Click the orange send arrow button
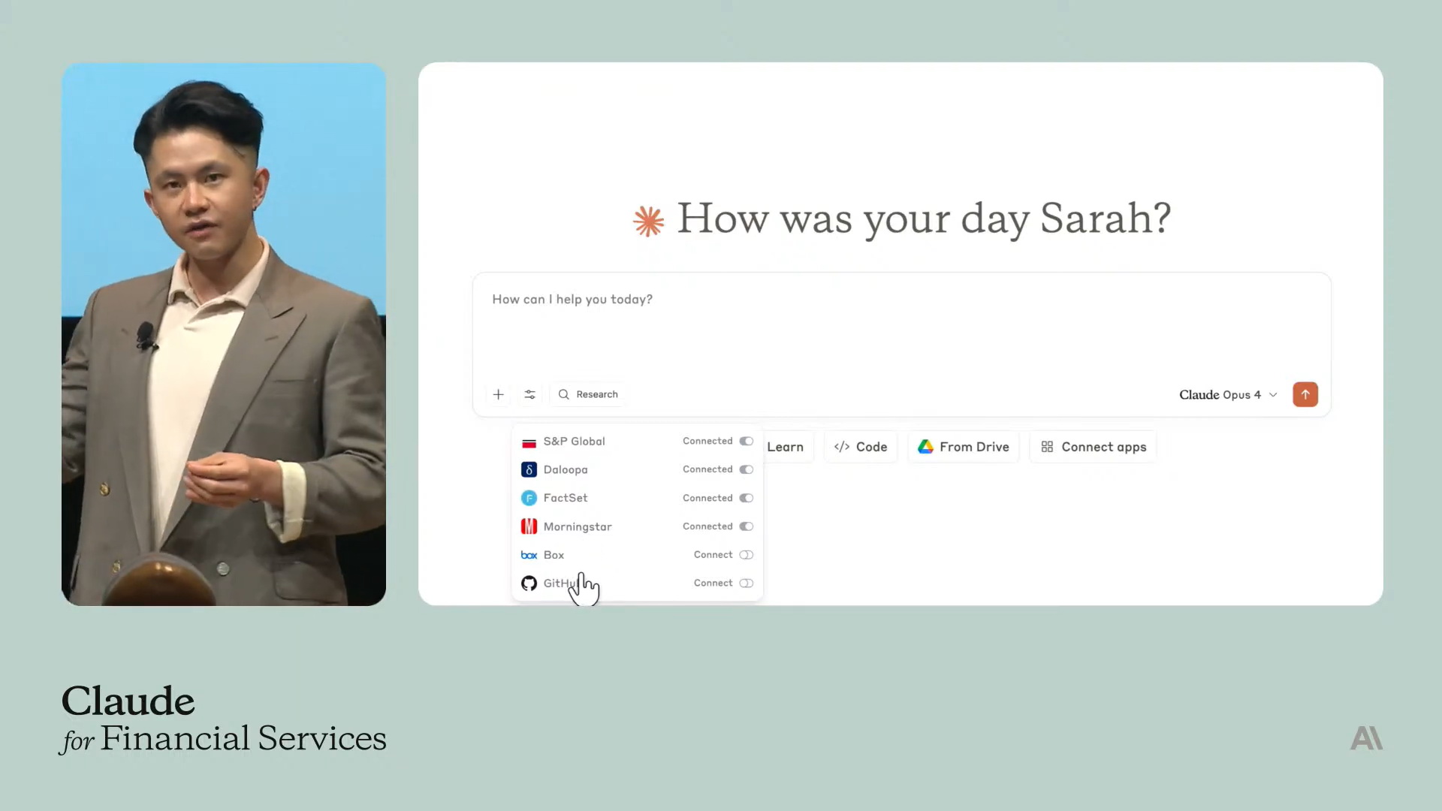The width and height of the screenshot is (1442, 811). [x=1305, y=394]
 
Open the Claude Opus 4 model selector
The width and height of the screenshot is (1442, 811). [x=1228, y=395]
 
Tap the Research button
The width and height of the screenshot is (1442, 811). [x=588, y=394]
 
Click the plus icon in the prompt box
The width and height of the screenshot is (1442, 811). [x=498, y=394]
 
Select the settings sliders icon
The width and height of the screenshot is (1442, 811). [x=529, y=394]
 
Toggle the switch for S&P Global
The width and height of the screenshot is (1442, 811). [x=746, y=442]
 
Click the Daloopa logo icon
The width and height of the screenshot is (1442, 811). [x=529, y=469]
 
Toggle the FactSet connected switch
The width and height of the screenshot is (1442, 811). [x=746, y=498]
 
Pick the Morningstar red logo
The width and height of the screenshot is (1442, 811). [x=529, y=526]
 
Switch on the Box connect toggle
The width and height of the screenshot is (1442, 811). [x=746, y=555]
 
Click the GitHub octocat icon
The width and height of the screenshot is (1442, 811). [x=529, y=583]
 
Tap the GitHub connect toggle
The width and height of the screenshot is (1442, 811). [x=746, y=583]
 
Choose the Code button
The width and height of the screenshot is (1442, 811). [x=861, y=447]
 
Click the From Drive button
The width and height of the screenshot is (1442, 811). [x=964, y=447]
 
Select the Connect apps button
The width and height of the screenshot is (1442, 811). [x=1094, y=447]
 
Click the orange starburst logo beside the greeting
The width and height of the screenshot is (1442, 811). [x=648, y=222]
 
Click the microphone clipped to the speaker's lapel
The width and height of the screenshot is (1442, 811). [x=145, y=334]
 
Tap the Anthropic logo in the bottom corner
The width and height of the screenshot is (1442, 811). [x=1366, y=738]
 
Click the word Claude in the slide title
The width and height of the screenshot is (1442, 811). [x=128, y=701]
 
